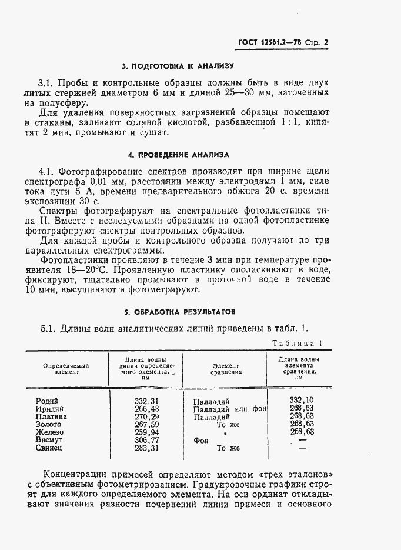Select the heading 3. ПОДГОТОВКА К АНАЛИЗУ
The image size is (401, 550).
point(178,66)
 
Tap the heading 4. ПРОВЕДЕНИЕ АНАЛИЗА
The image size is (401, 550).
point(178,155)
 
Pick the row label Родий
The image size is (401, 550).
point(46,401)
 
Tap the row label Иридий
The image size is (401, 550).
point(50,409)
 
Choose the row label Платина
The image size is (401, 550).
point(51,416)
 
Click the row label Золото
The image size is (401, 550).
point(48,424)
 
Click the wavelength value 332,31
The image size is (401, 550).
point(146,401)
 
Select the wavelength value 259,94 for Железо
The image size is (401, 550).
point(146,432)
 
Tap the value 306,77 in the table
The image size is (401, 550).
point(146,440)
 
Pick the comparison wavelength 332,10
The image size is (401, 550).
point(302,400)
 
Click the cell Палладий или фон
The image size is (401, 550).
point(230,409)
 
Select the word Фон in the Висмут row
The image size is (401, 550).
point(201,440)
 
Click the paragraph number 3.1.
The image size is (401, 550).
point(47,83)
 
